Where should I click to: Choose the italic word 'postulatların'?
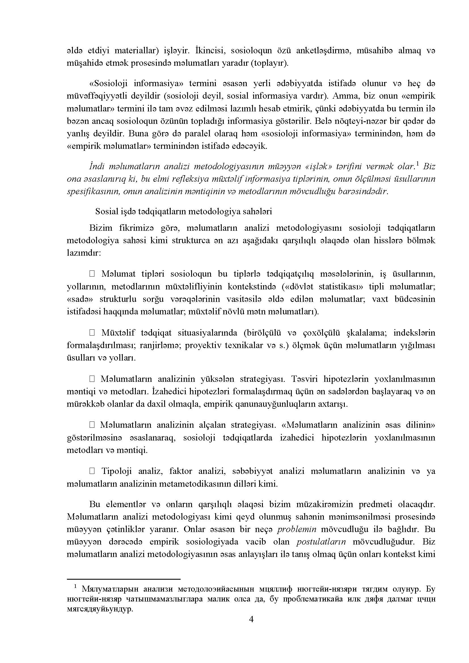click(x=321, y=542)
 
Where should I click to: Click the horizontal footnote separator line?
click(x=124, y=579)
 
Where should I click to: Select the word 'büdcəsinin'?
click(x=415, y=299)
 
